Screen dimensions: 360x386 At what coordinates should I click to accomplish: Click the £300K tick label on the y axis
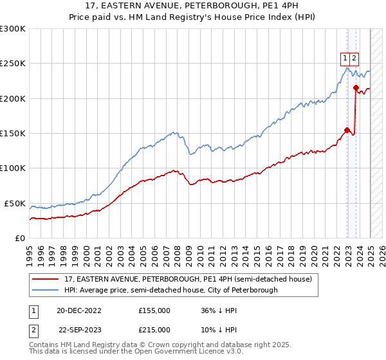coord(13,29)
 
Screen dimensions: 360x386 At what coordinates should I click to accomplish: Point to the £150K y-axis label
coord(13,133)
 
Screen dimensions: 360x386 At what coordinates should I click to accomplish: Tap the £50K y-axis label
coord(15,203)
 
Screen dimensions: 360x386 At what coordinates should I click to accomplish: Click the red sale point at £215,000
coord(356,88)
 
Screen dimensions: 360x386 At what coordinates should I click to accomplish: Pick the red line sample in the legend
coord(46,279)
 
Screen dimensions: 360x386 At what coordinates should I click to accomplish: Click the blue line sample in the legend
coord(46,290)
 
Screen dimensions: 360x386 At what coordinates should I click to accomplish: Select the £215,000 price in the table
coord(154,329)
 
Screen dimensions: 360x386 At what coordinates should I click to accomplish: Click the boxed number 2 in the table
coord(34,329)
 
